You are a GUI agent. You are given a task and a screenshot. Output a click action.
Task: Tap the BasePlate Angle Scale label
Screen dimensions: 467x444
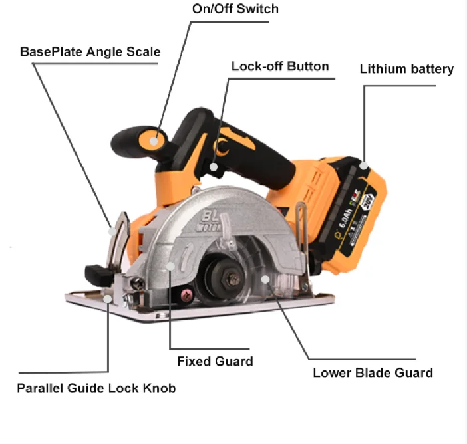pyautogui.click(x=90, y=51)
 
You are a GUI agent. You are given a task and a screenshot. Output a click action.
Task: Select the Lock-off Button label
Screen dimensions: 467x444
pyautogui.click(x=279, y=66)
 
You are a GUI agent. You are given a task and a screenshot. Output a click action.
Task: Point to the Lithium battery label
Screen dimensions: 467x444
pyautogui.click(x=406, y=69)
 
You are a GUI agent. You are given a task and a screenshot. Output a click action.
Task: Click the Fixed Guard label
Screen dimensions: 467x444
pyautogui.click(x=215, y=361)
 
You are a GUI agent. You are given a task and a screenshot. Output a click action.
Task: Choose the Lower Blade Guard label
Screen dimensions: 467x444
pyautogui.click(x=373, y=372)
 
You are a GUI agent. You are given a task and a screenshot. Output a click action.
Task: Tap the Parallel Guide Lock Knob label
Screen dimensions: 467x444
pyautogui.click(x=96, y=388)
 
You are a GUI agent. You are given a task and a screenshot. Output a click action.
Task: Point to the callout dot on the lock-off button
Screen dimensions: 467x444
pyautogui.click(x=214, y=167)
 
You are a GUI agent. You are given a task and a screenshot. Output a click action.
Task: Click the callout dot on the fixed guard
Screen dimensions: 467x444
pyautogui.click(x=172, y=266)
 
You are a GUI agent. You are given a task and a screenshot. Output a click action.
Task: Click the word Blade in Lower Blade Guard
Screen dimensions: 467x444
pyautogui.click(x=378, y=372)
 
